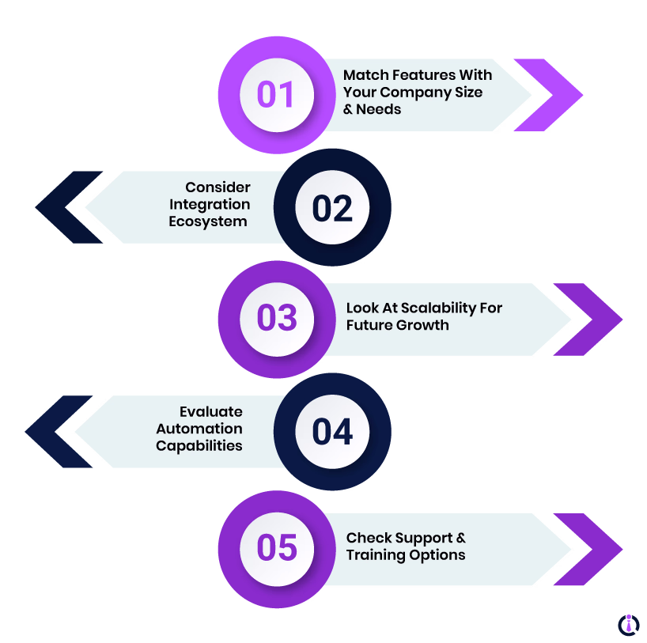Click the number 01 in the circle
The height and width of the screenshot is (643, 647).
pyautogui.click(x=276, y=95)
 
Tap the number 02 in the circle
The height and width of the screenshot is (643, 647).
pyautogui.click(x=332, y=208)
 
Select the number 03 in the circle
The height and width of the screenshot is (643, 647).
pyautogui.click(x=276, y=318)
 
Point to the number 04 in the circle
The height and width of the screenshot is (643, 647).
pyautogui.click(x=332, y=432)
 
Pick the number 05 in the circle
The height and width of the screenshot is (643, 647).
pyautogui.click(x=276, y=548)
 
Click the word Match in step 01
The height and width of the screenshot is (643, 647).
pyautogui.click(x=365, y=75)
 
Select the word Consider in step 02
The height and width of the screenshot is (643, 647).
pyautogui.click(x=218, y=187)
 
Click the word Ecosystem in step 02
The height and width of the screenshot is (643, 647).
pyautogui.click(x=208, y=221)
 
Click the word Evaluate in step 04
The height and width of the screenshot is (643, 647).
pyautogui.click(x=210, y=412)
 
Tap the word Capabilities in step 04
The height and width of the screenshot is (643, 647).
pyautogui.click(x=199, y=445)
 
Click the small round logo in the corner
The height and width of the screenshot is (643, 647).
pyautogui.click(x=629, y=625)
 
